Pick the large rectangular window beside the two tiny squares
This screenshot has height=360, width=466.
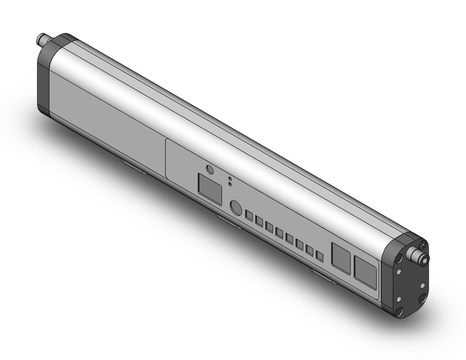(x=210, y=188)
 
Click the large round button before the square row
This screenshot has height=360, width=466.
(x=235, y=208)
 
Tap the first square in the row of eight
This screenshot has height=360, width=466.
(x=250, y=216)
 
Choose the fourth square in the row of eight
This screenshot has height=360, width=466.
(x=280, y=233)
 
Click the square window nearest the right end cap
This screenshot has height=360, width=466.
(x=365, y=270)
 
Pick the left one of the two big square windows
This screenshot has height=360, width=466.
(x=341, y=254)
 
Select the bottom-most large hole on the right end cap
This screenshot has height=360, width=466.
(x=399, y=299)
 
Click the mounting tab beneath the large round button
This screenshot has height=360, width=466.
(x=227, y=220)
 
